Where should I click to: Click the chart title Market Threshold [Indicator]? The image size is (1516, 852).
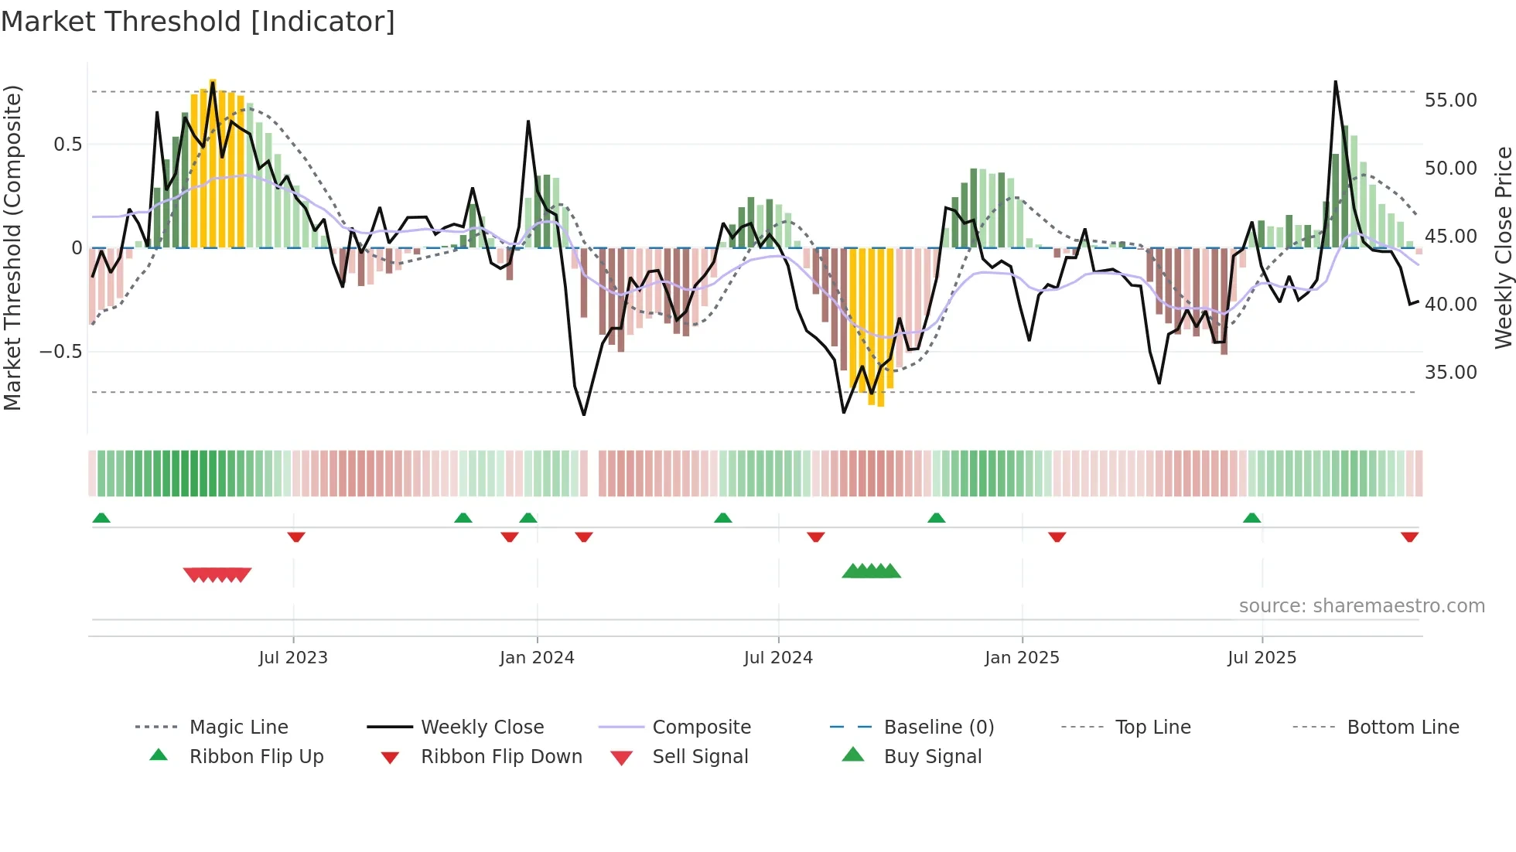click(x=198, y=22)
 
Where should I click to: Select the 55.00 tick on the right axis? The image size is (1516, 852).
click(x=1450, y=101)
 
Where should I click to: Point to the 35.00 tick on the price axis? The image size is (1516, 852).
click(x=1450, y=373)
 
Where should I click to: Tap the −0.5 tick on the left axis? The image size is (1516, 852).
click(x=60, y=352)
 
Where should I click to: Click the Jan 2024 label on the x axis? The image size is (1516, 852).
click(x=537, y=658)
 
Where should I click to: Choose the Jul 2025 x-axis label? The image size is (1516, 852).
click(x=1262, y=658)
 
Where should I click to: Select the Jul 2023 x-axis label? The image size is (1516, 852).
click(x=293, y=658)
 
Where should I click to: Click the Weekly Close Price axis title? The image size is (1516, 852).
click(x=1503, y=247)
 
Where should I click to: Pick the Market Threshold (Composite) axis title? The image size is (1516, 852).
click(x=12, y=247)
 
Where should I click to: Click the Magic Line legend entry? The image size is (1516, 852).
click(x=238, y=728)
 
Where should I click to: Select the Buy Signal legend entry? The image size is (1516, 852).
click(x=932, y=757)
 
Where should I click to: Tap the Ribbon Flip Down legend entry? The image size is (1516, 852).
click(x=500, y=757)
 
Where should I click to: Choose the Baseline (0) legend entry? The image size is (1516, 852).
click(x=938, y=728)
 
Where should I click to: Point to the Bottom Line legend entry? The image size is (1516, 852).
click(x=1402, y=728)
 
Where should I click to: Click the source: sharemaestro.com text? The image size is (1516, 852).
click(x=1361, y=606)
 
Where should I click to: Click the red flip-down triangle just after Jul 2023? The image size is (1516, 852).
click(x=296, y=537)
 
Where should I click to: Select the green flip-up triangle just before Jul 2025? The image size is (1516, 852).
click(x=1251, y=518)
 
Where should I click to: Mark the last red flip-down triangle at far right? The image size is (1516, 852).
click(x=1409, y=537)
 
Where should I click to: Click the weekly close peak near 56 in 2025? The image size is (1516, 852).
click(x=1335, y=82)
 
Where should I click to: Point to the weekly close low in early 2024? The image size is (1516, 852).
click(x=584, y=414)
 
